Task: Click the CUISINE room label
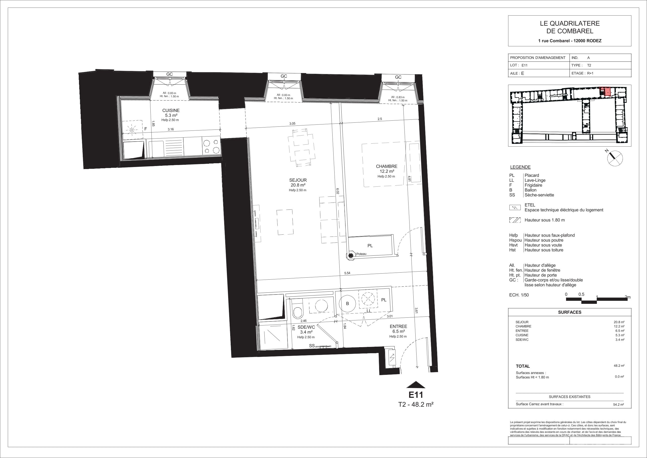(x=171, y=111)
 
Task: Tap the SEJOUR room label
(x=298, y=180)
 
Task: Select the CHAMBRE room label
(x=386, y=167)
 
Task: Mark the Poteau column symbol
(x=351, y=255)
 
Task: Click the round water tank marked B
(x=347, y=304)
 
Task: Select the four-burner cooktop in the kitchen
(x=211, y=146)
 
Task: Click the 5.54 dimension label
(x=347, y=273)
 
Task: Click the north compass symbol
(x=615, y=158)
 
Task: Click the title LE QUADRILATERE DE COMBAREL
(x=570, y=27)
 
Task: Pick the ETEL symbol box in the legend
(x=515, y=208)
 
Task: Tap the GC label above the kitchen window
(x=169, y=74)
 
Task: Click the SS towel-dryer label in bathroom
(x=312, y=346)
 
